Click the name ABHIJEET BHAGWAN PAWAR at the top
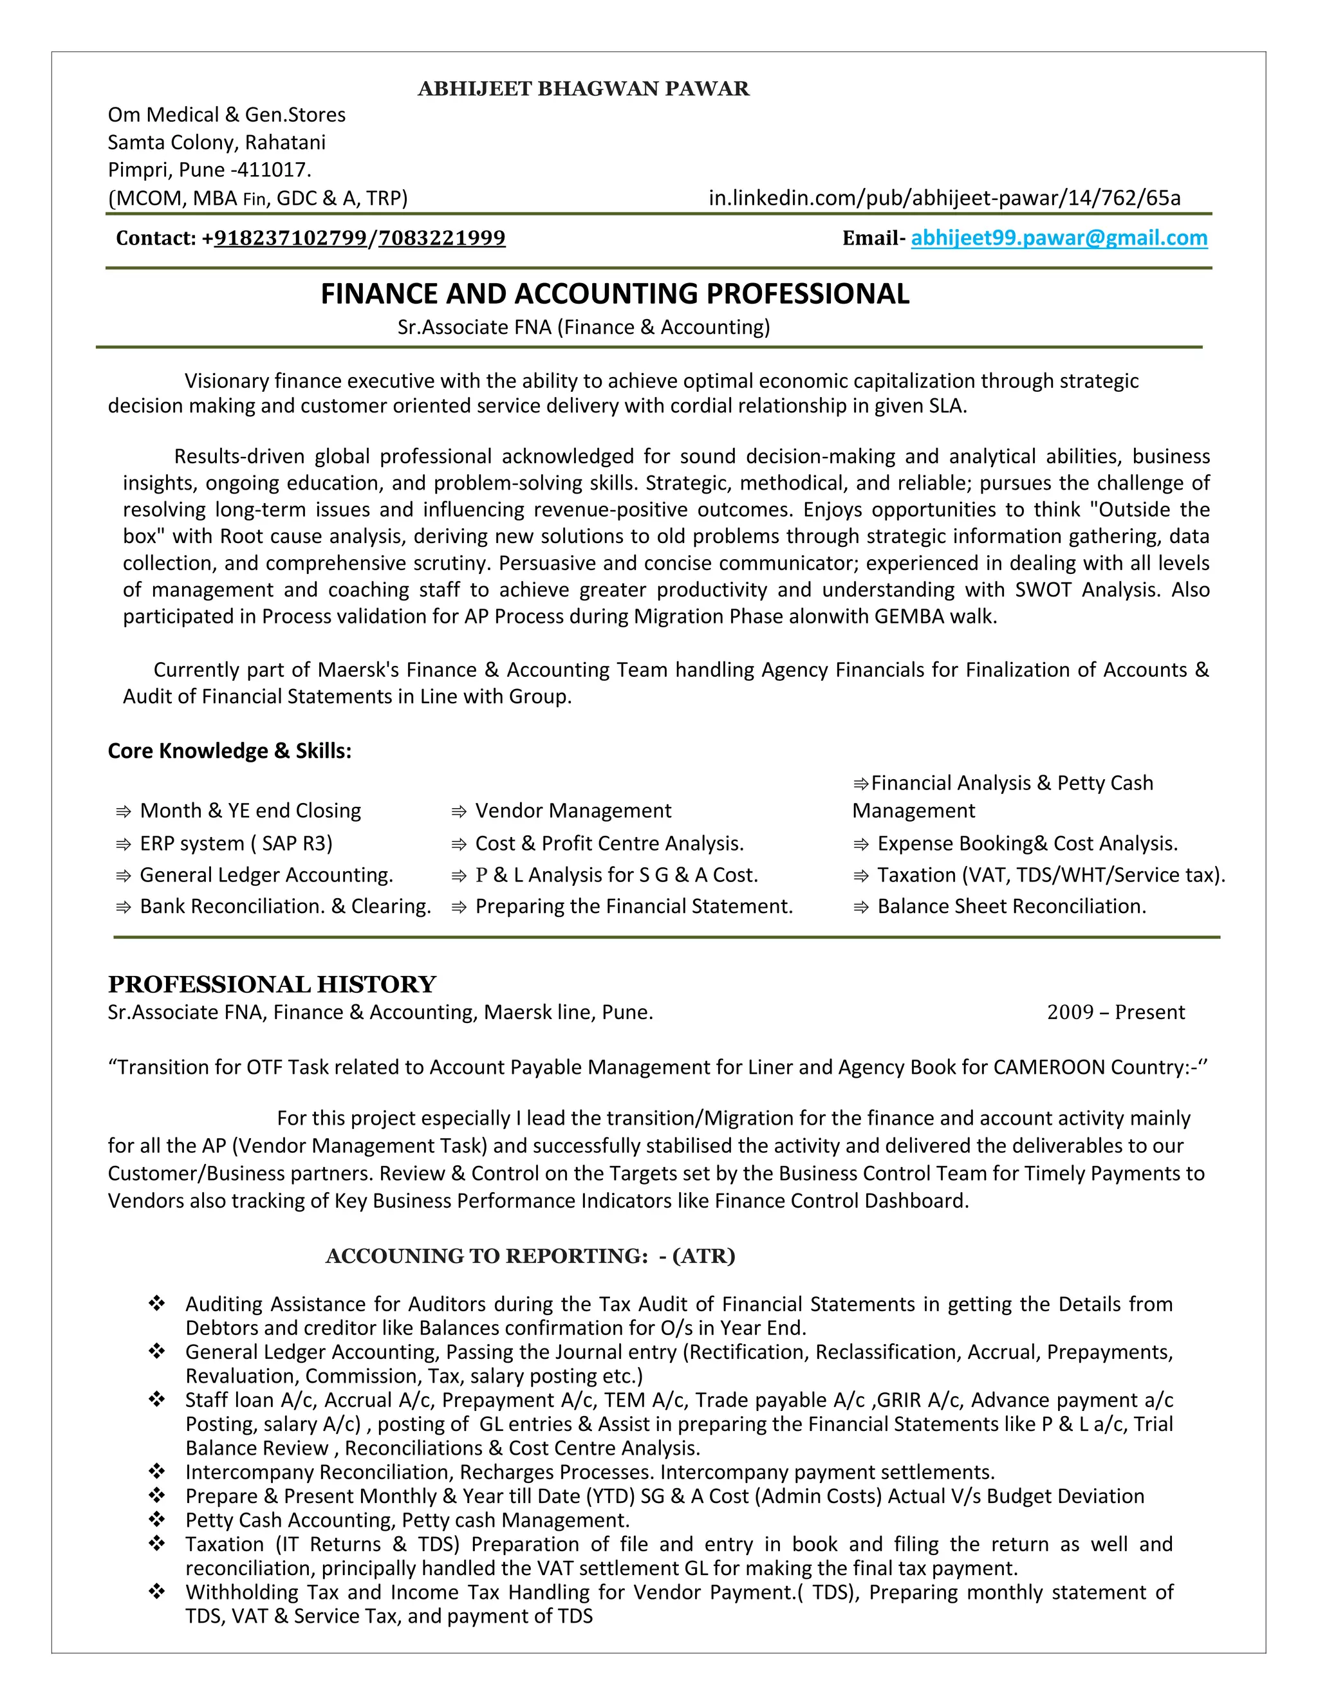pos(583,89)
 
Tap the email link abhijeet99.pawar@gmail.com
pos(1059,238)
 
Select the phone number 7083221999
pos(442,238)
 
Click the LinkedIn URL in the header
pos(944,198)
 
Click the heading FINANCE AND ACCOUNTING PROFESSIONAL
pos(615,294)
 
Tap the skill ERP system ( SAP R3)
pos(236,844)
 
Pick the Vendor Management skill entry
pos(572,811)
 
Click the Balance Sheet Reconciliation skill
pos(1011,907)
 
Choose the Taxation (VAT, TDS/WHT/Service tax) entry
pos(1050,875)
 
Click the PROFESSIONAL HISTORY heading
pos(272,984)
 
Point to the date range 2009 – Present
pos(1115,1013)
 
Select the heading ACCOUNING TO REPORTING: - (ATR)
pos(530,1256)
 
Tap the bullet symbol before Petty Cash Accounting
pos(157,1519)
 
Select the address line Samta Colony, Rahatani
pos(216,143)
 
